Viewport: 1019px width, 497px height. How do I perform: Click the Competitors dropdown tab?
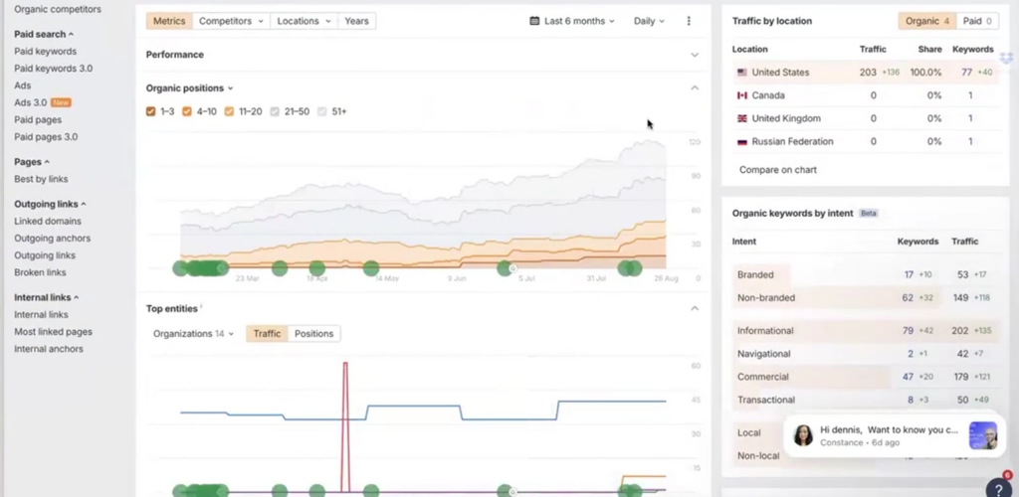232,21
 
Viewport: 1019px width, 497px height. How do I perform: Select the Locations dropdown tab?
304,21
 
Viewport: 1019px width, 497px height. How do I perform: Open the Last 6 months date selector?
572,21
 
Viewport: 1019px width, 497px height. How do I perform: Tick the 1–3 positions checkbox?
151,111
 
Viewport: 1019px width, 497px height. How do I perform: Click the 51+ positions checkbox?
322,111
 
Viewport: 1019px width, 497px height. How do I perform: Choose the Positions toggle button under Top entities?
313,334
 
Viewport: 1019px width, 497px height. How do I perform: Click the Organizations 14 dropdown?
193,334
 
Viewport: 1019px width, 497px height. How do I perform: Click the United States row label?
780,73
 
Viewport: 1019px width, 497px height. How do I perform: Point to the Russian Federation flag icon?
741,142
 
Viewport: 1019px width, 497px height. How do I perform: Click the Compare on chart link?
777,170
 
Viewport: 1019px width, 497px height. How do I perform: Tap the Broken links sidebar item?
40,272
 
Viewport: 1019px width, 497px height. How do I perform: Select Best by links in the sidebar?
41,179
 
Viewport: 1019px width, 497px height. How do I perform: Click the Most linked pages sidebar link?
53,332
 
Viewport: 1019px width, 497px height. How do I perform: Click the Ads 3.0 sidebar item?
30,102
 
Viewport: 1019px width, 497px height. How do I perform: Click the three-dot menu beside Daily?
689,21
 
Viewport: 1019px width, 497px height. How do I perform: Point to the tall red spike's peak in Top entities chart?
345,365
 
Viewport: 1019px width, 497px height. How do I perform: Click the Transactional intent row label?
765,400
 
